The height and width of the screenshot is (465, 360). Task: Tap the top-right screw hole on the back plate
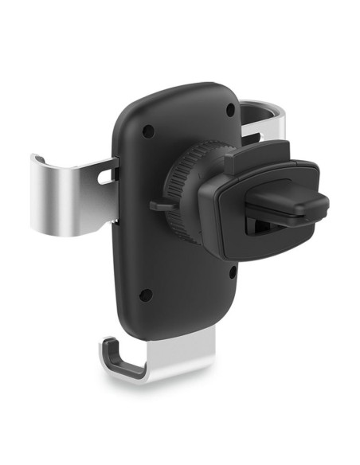coord(230,108)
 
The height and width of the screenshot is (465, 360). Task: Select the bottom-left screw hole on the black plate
coord(145,295)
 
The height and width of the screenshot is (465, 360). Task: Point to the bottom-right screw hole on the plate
coord(232,273)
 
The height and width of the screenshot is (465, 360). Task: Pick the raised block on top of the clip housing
coord(247,158)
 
